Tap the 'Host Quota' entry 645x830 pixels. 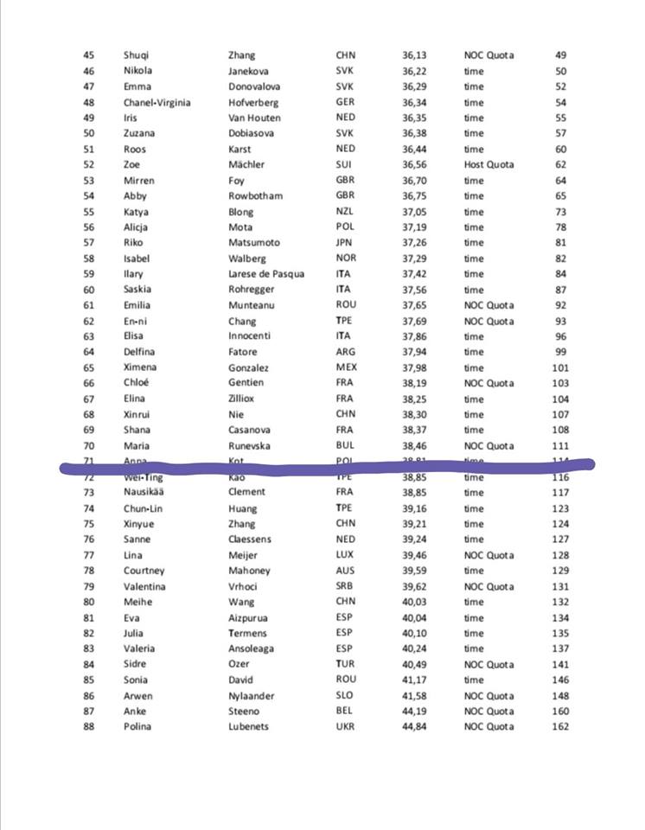(489, 164)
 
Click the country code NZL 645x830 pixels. (345, 212)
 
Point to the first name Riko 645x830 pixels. (134, 243)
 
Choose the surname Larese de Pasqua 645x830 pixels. (265, 274)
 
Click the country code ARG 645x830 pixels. (345, 352)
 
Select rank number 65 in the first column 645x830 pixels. (89, 367)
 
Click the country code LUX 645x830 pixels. (345, 555)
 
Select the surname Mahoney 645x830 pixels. (249, 571)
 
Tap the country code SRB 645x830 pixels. (345, 586)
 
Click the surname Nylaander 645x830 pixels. (252, 696)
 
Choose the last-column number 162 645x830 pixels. (561, 727)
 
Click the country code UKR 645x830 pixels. (345, 727)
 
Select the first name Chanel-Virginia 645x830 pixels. (156, 102)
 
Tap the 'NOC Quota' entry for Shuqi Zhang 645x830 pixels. (489, 55)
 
